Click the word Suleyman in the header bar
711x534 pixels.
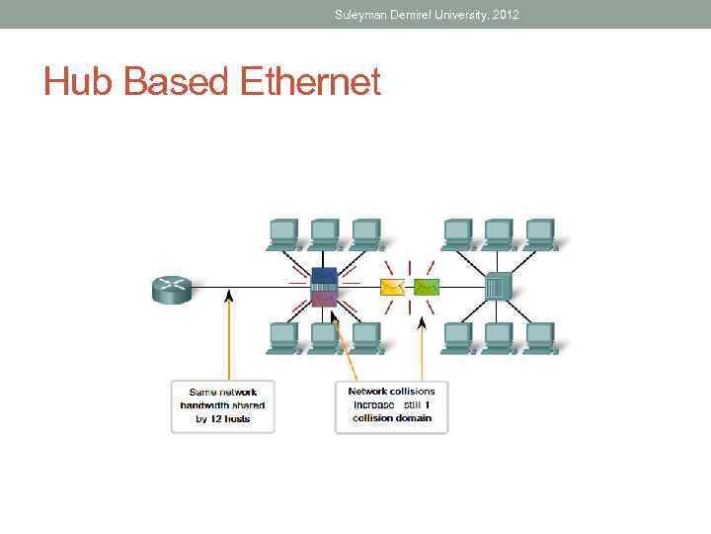[x=362, y=14]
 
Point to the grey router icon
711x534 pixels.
[x=170, y=288]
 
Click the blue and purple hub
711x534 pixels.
[x=324, y=287]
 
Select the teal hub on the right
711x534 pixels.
[x=497, y=287]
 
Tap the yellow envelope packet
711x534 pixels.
[x=392, y=288]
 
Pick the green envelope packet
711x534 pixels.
[x=427, y=288]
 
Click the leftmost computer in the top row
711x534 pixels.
[x=283, y=233]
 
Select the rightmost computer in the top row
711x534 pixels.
[x=540, y=233]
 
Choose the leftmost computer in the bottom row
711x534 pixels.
[x=283, y=336]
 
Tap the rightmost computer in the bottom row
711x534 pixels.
[x=540, y=336]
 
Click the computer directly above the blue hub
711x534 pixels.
[x=324, y=233]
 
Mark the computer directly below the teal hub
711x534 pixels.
[x=499, y=336]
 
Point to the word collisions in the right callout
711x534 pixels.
[x=412, y=392]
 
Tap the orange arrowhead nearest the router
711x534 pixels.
[x=229, y=295]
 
